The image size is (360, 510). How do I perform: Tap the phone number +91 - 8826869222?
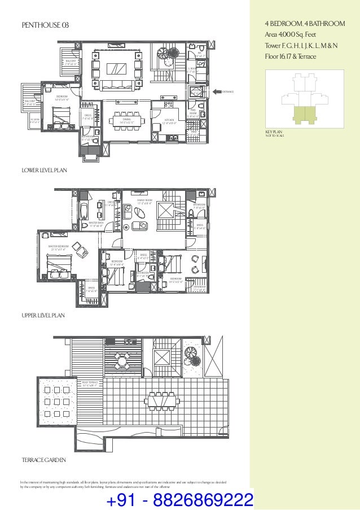179,500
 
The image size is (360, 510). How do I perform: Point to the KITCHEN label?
170,120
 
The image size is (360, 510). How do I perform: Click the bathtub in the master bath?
84,211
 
